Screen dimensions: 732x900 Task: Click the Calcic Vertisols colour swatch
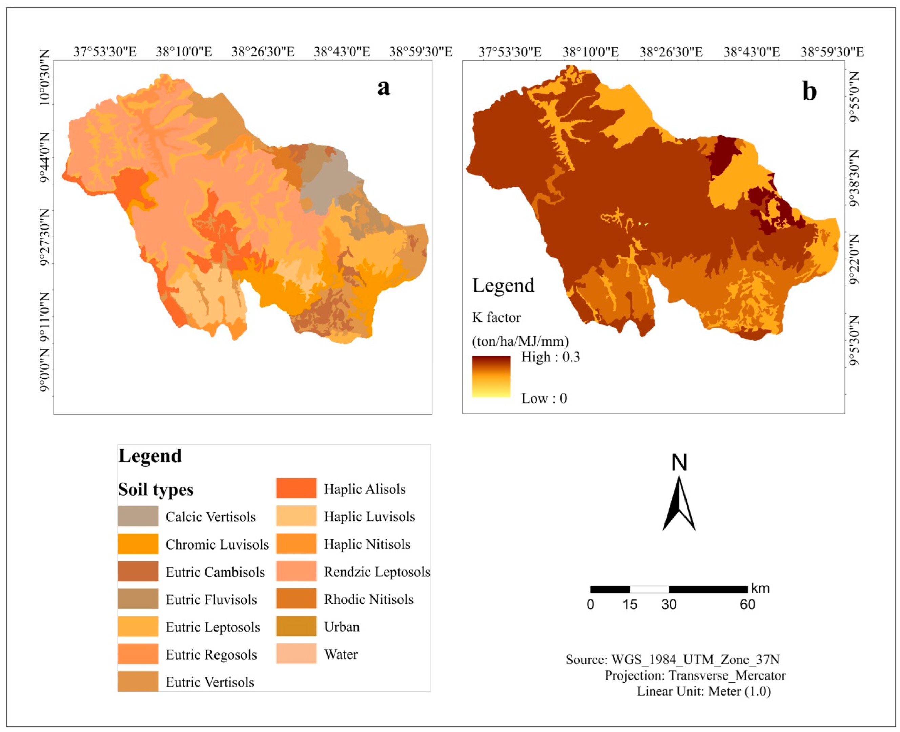tap(138, 516)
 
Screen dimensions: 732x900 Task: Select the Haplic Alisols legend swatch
tap(296, 488)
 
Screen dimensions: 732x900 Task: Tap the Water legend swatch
tap(296, 653)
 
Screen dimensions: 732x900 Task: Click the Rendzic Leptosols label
tap(377, 572)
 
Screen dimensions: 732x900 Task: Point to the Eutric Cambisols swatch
tap(138, 572)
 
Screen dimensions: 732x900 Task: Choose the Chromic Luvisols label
tap(217, 544)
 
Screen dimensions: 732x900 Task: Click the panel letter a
tap(384, 87)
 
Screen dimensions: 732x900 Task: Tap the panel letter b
tap(809, 91)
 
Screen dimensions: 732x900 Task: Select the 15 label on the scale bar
tap(630, 605)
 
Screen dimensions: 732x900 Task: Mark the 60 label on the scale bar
tap(747, 605)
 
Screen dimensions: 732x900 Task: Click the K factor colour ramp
tap(491, 376)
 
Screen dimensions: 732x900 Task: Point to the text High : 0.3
tap(551, 357)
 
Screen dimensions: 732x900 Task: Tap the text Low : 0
tap(544, 398)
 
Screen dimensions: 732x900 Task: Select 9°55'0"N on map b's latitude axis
tap(853, 97)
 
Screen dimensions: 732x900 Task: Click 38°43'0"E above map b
tap(752, 52)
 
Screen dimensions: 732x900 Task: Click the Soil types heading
tap(156, 489)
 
